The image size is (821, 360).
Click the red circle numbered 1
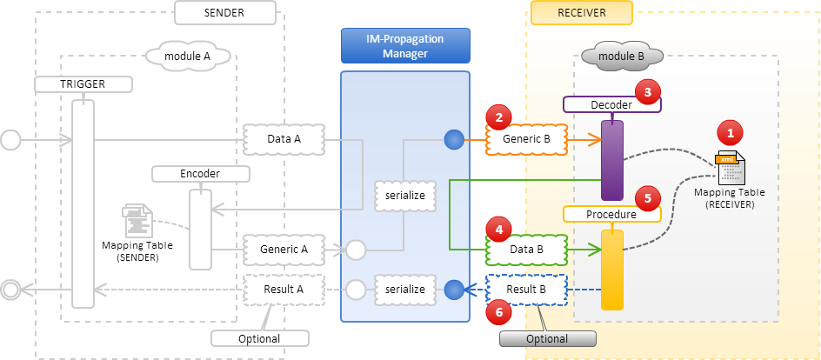click(x=730, y=132)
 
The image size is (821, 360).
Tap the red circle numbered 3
click(x=647, y=90)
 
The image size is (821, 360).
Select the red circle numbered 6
click(x=499, y=310)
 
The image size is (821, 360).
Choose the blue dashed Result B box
click(x=526, y=289)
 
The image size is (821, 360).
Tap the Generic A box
click(x=284, y=250)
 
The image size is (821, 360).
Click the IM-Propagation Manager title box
click(x=405, y=46)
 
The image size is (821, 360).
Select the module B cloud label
click(x=622, y=57)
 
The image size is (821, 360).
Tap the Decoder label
click(x=611, y=104)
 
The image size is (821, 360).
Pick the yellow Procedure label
click(x=611, y=214)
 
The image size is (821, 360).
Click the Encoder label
click(x=199, y=174)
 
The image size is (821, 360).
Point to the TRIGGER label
click(x=82, y=84)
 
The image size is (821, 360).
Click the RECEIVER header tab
click(x=581, y=12)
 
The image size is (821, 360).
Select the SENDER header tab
click(x=225, y=12)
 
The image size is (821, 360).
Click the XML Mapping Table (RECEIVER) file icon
click(x=729, y=166)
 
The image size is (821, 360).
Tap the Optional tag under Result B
click(x=547, y=339)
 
